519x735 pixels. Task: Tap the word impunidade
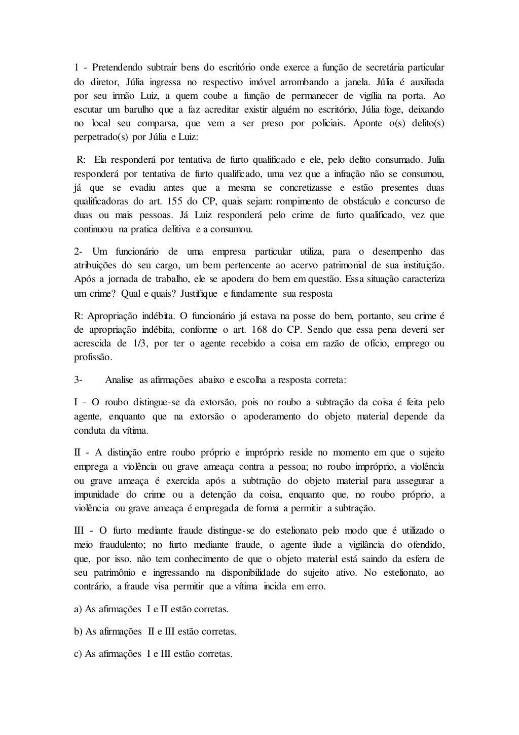click(x=97, y=495)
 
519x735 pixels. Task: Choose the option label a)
click(x=79, y=609)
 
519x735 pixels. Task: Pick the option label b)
click(x=79, y=632)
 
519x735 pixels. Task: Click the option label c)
click(x=79, y=654)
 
